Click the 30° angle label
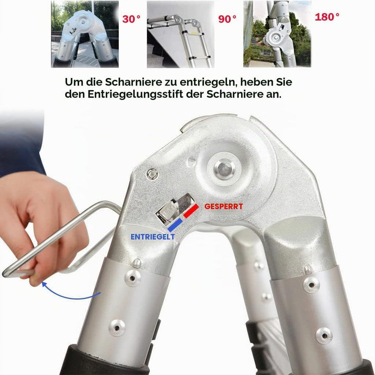[131, 19]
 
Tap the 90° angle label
[227, 19]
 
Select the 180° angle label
[327, 17]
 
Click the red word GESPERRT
[223, 206]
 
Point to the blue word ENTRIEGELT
[153, 237]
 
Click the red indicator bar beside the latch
[191, 211]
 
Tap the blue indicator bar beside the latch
[175, 225]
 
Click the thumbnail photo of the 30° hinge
[85, 34]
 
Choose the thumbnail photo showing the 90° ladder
[181, 34]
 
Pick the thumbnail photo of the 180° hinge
[277, 34]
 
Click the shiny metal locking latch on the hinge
[174, 208]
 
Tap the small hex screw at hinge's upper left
[152, 174]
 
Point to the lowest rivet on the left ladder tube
[117, 328]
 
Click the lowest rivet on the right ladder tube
[324, 335]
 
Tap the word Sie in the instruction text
[284, 82]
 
